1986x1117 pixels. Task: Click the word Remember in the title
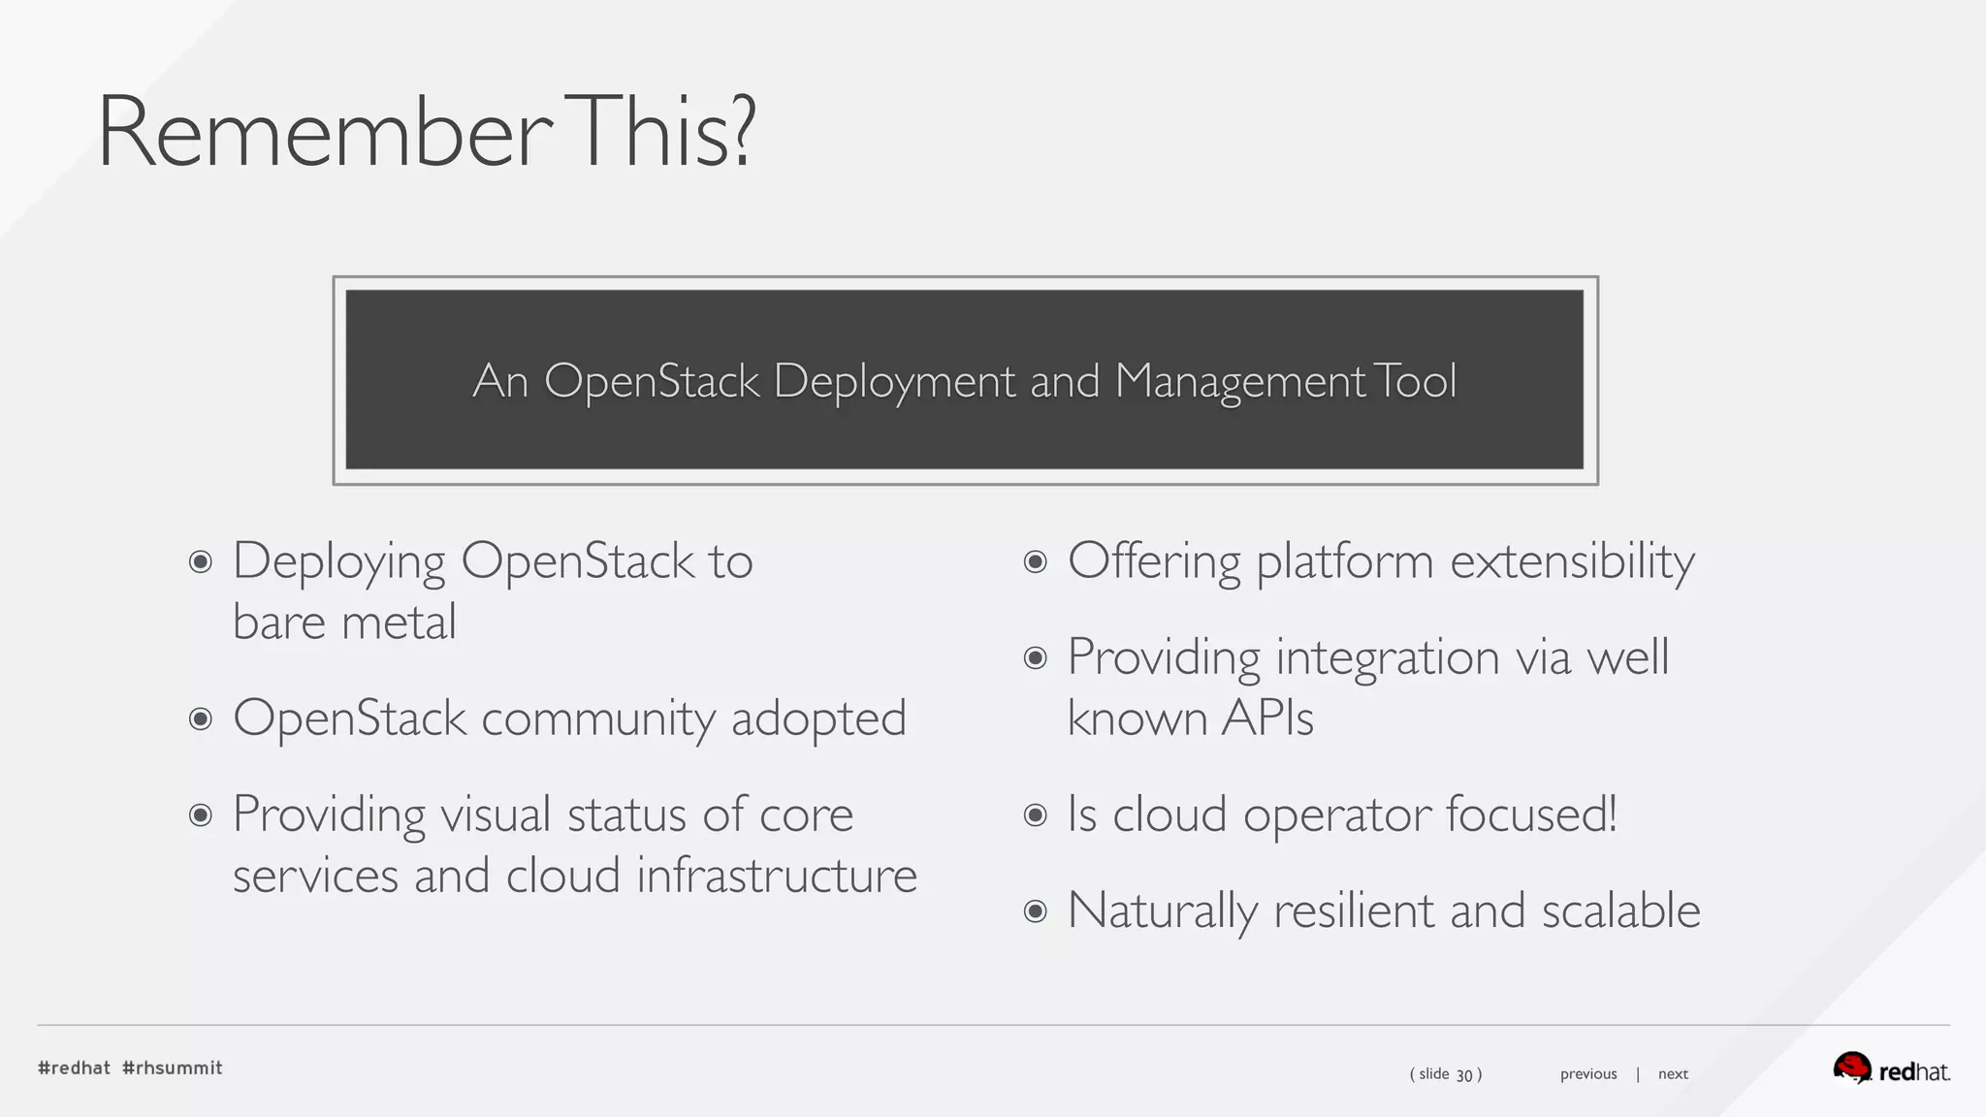tap(325, 133)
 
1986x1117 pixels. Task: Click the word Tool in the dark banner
tap(1416, 381)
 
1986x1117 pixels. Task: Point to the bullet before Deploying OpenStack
tap(201, 561)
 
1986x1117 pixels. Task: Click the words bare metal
tap(344, 622)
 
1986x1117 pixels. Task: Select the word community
tap(598, 719)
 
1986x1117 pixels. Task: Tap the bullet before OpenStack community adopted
tap(201, 718)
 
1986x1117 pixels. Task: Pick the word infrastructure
tap(777, 876)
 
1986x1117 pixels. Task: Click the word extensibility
tap(1572, 562)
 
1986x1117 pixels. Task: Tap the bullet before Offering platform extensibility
tap(1036, 561)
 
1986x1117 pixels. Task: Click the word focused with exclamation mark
tap(1531, 814)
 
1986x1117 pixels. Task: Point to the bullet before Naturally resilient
tap(1036, 911)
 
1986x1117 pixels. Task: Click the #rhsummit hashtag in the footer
tap(173, 1068)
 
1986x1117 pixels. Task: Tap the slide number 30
tap(1464, 1074)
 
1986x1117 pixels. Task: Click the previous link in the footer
tap(1588, 1074)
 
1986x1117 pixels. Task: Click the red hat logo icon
tap(1851, 1068)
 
